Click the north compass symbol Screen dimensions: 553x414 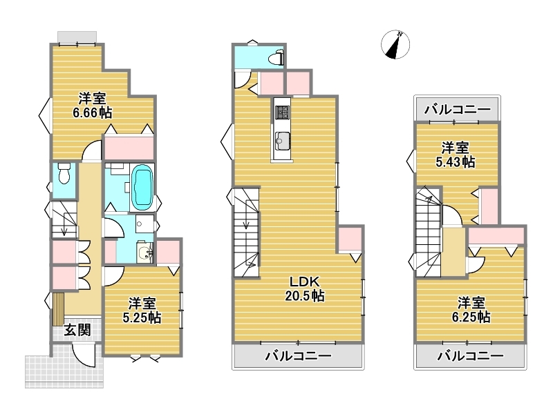click(395, 45)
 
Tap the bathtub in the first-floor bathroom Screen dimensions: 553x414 click(142, 187)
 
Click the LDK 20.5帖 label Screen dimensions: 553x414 click(305, 288)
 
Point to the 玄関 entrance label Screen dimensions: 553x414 click(77, 330)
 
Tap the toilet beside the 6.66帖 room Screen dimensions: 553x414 click(64, 173)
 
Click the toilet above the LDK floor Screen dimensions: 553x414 click(276, 57)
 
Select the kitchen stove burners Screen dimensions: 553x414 click(281, 112)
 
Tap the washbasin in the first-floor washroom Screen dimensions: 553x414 click(145, 253)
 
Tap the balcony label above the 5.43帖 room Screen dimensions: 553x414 click(457, 110)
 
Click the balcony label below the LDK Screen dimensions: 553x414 click(299, 355)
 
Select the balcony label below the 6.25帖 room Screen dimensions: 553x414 click(471, 355)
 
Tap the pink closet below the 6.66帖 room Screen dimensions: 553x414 click(129, 148)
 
